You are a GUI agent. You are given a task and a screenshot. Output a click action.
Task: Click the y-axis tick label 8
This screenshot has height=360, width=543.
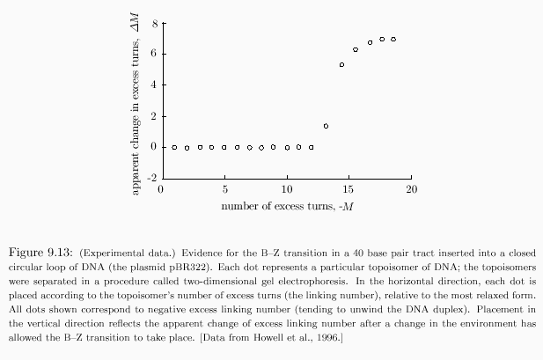(152, 23)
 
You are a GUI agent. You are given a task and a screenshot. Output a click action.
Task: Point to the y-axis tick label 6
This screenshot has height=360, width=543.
(152, 54)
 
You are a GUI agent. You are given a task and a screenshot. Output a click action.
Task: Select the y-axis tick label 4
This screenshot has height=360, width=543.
(152, 84)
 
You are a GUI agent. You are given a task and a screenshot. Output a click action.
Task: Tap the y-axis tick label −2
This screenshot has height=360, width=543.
(150, 178)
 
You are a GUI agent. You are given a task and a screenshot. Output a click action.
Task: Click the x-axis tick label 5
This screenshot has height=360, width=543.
(224, 189)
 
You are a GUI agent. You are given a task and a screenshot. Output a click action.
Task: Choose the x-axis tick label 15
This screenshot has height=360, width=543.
(349, 189)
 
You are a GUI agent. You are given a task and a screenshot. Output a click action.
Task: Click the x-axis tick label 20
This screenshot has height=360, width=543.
(411, 189)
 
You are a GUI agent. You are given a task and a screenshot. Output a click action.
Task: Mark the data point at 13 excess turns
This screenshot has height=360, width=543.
(326, 126)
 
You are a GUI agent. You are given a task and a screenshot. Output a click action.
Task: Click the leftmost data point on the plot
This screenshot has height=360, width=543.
(174, 147)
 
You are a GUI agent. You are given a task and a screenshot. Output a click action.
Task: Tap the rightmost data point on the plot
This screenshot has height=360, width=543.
(393, 40)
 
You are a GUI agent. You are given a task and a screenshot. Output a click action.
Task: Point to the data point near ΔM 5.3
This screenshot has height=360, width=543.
(341, 65)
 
